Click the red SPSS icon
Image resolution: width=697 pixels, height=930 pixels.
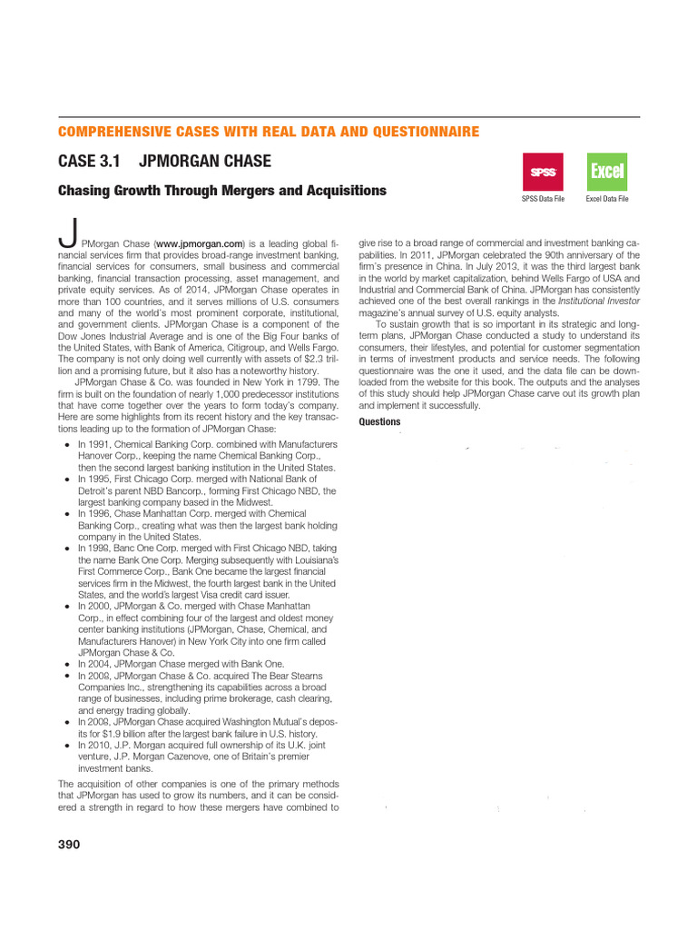[x=543, y=172]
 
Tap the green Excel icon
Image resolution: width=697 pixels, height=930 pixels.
[x=606, y=172]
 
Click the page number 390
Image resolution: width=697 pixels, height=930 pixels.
[x=69, y=845]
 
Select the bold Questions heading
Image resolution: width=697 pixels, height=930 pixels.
[x=379, y=422]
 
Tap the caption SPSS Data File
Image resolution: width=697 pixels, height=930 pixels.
[x=543, y=198]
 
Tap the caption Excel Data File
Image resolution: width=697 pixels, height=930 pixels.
[x=607, y=198]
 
